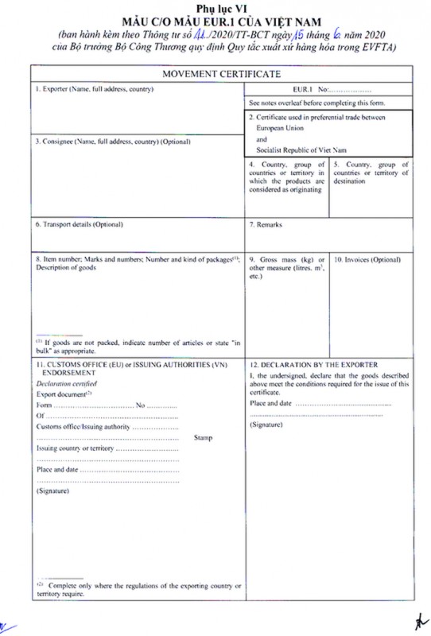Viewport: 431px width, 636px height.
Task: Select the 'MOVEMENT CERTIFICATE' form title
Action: (x=221, y=74)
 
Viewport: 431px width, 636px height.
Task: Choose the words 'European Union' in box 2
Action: (x=283, y=127)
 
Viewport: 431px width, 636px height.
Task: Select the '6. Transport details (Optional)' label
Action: (x=80, y=225)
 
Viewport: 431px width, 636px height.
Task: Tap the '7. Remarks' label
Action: (x=266, y=225)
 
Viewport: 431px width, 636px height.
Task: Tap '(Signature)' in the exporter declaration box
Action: (x=266, y=426)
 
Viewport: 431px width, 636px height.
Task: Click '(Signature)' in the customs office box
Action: (x=53, y=491)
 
